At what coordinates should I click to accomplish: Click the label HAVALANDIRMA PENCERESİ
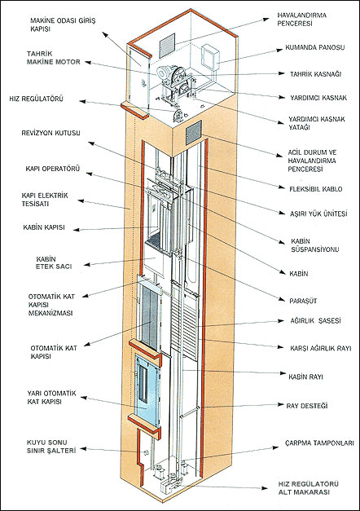301,20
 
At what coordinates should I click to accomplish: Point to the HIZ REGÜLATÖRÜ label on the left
36,99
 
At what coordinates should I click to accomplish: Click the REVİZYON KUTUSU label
50,133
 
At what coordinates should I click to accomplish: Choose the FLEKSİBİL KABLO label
316,189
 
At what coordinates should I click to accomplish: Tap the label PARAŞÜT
303,301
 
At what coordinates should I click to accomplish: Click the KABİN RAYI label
305,377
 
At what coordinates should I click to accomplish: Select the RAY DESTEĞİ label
306,406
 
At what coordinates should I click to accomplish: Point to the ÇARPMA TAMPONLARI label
319,443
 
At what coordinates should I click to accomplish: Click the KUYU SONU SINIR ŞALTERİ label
51,447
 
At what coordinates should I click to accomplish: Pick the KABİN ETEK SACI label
54,262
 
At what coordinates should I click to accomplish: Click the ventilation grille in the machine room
167,45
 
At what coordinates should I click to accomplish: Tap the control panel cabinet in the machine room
210,58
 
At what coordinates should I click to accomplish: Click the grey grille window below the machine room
194,133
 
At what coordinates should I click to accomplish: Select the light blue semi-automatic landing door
147,390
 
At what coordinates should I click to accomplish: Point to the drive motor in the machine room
165,73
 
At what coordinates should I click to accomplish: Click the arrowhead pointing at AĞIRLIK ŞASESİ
281,320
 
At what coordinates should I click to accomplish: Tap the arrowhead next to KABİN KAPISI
76,230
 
